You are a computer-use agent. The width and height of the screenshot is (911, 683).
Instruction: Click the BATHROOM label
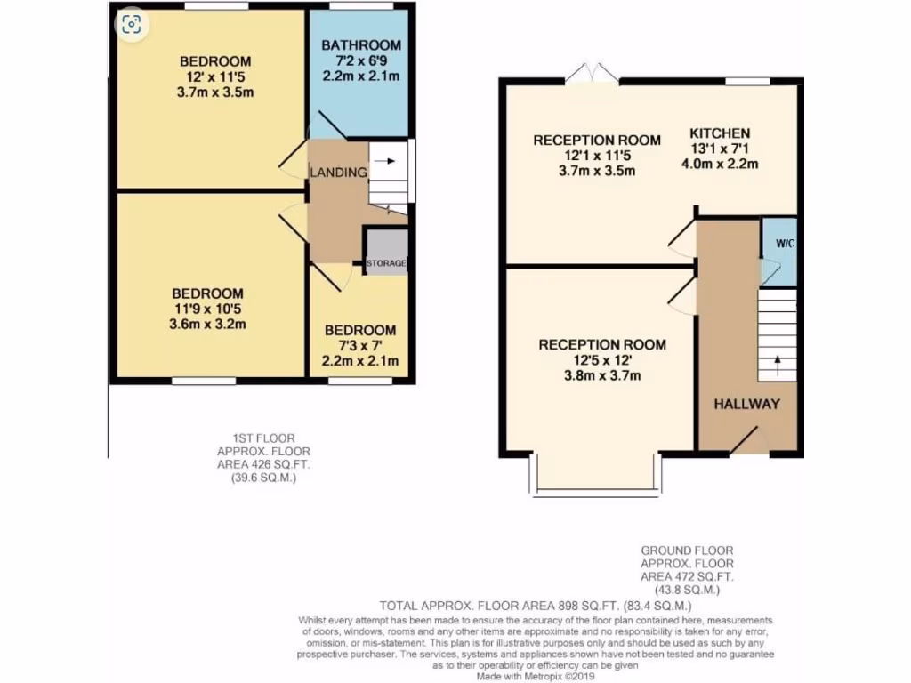pyautogui.click(x=360, y=44)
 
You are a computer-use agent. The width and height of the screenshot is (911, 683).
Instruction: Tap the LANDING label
pyautogui.click(x=337, y=173)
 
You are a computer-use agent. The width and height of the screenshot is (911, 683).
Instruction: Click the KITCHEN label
pyautogui.click(x=720, y=133)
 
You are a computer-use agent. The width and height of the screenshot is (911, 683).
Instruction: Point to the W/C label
pyautogui.click(x=779, y=243)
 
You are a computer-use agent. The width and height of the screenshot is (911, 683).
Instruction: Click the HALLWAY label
pyautogui.click(x=746, y=404)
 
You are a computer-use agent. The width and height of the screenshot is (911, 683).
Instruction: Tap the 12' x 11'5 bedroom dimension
pyautogui.click(x=215, y=76)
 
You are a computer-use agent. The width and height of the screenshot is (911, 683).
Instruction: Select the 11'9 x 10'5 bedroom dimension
pyautogui.click(x=208, y=309)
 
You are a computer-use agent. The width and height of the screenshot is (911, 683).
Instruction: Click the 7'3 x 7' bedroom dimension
pyautogui.click(x=359, y=345)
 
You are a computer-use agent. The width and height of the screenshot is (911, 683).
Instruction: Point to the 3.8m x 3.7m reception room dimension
pyautogui.click(x=601, y=375)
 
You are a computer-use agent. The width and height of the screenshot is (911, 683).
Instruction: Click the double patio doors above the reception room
pyautogui.click(x=593, y=74)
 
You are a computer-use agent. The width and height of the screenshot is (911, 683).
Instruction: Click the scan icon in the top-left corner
pyautogui.click(x=132, y=24)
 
